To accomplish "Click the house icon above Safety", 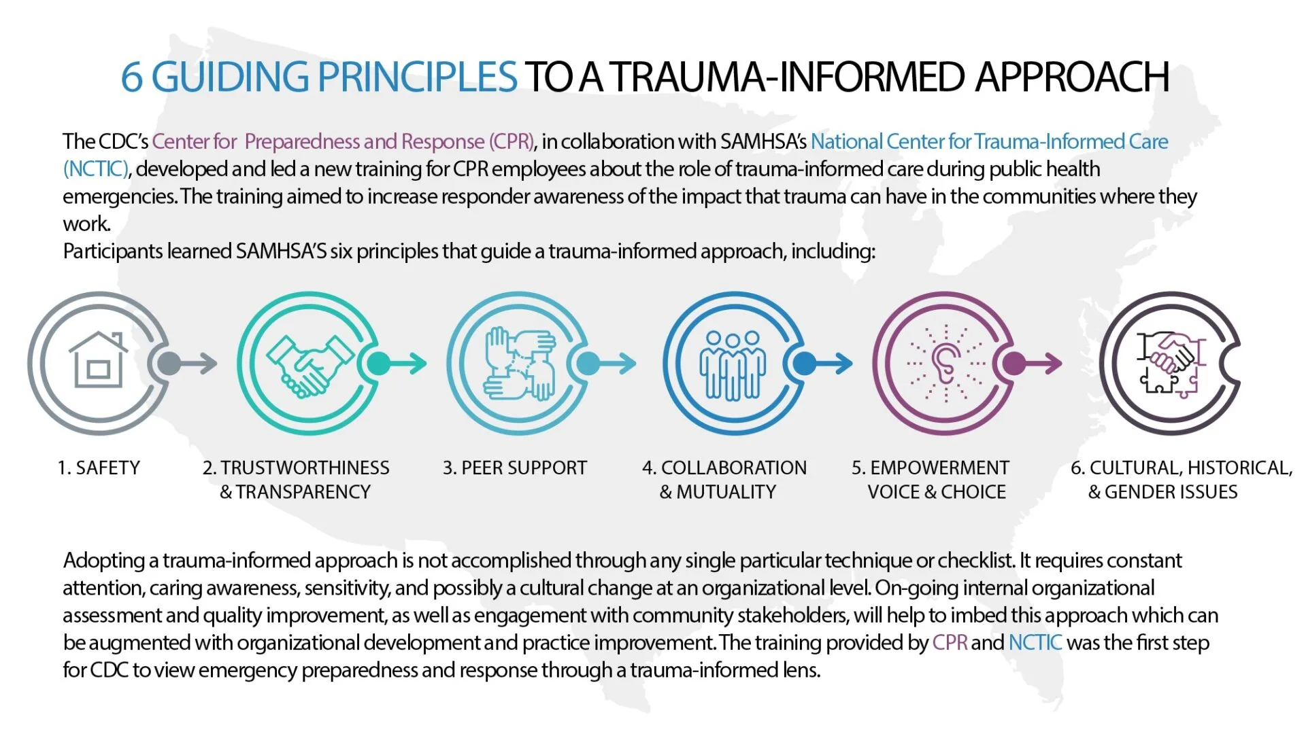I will coord(99,360).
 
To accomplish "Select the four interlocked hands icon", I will coord(519,364).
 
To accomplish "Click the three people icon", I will coord(733,364).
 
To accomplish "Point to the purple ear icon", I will coord(945,364).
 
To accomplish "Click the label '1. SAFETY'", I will coord(99,468).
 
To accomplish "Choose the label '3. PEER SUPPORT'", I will coord(514,468).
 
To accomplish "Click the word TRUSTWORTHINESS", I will coord(305,468).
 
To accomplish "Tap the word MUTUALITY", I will coord(726,491).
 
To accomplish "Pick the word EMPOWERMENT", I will coord(939,468).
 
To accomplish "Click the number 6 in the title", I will coord(131,77).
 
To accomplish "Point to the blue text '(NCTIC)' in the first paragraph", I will coord(95,169).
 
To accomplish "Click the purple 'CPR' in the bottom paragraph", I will coord(950,642).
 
